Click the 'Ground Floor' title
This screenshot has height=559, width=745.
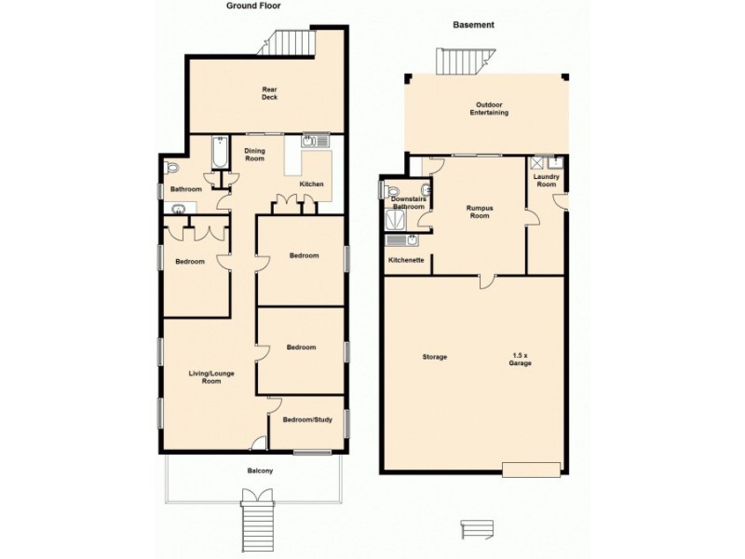click(253, 6)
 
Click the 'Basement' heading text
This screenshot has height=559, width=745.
click(472, 25)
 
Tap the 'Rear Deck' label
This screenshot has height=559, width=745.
click(269, 93)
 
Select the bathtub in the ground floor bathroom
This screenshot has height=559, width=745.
click(220, 152)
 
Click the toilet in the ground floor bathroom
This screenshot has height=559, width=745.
click(171, 168)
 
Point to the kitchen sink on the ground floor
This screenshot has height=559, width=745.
click(312, 142)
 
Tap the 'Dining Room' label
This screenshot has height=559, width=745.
click(254, 155)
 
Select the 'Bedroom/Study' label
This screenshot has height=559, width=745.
click(307, 420)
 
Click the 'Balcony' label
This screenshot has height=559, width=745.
click(260, 470)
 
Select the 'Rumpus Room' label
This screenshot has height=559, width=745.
click(479, 211)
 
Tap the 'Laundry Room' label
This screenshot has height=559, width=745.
click(546, 181)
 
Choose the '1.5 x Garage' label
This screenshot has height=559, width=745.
click(521, 358)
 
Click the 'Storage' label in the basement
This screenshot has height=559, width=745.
click(434, 357)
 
